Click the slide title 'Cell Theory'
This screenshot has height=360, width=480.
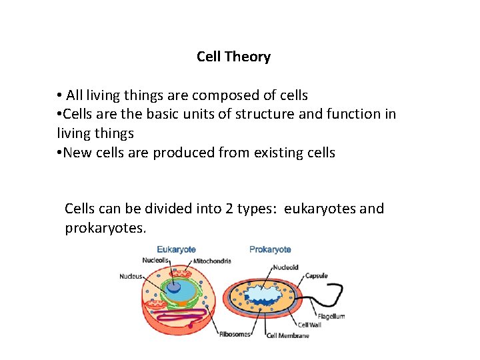(x=233, y=57)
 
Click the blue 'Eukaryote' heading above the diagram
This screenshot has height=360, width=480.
(x=176, y=249)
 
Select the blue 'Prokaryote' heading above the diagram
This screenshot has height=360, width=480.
(x=270, y=249)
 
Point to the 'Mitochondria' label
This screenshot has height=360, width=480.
(x=213, y=261)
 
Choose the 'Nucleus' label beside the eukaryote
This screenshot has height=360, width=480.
(x=131, y=276)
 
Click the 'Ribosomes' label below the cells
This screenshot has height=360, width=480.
(x=235, y=334)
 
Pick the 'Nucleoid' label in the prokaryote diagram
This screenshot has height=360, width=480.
(x=285, y=267)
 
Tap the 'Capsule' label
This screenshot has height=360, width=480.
(x=316, y=275)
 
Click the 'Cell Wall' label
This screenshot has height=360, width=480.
(x=311, y=325)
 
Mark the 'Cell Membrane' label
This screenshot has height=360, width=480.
(x=288, y=335)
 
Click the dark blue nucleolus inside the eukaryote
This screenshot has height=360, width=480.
(x=173, y=288)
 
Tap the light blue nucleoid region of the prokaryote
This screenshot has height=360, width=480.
(x=267, y=294)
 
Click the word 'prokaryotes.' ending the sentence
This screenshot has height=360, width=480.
(x=105, y=228)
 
